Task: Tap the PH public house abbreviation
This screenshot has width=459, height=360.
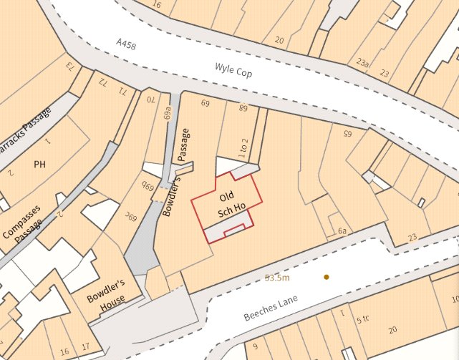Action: [39, 164]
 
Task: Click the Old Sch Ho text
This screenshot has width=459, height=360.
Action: [227, 202]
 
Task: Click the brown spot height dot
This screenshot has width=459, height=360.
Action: [326, 276]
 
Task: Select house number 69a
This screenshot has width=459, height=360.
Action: [168, 112]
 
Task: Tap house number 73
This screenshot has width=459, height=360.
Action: [71, 67]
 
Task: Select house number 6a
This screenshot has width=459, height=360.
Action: [343, 231]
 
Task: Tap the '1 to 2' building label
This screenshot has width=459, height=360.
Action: [243, 147]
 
